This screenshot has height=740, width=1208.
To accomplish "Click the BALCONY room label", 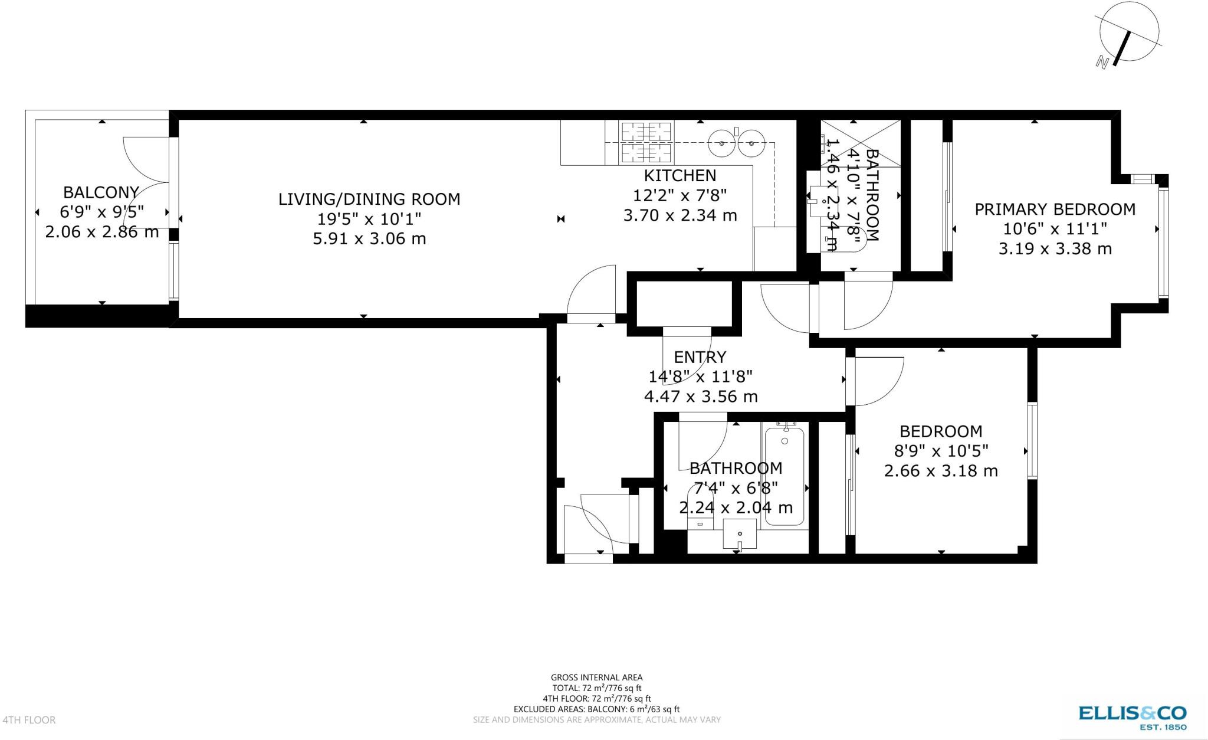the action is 101,192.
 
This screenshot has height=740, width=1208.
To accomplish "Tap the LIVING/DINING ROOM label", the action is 369,199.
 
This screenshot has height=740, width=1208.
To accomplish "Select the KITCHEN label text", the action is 680,175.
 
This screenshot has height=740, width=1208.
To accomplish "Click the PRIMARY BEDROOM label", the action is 1055,209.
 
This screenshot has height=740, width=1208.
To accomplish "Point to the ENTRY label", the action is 700,357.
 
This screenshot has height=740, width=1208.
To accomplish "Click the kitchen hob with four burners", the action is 646,142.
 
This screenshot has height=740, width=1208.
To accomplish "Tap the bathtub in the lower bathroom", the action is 784,476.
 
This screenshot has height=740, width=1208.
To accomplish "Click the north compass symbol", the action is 1128,37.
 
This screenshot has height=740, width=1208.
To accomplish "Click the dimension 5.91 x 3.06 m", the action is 369,239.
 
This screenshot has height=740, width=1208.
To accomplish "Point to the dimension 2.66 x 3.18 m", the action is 941,471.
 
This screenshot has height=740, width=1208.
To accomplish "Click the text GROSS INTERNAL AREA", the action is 596,677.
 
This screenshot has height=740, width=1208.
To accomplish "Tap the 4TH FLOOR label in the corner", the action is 29,720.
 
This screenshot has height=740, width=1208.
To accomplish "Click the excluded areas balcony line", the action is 596,709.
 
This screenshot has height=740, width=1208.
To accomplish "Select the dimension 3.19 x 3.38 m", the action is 1055,249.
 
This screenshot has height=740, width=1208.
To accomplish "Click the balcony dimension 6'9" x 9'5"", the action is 101,211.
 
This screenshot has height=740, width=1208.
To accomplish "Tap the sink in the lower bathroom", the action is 739,534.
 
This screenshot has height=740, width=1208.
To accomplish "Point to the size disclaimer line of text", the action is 596,720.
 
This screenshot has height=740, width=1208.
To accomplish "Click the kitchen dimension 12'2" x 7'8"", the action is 680,195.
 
